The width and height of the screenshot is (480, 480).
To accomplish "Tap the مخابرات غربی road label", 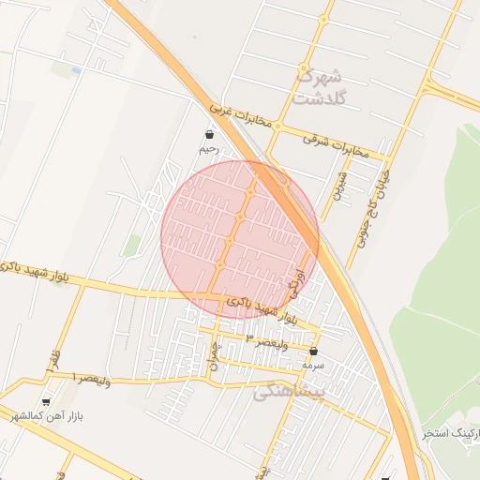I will point(246,117).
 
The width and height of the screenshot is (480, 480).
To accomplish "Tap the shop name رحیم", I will point(208,149).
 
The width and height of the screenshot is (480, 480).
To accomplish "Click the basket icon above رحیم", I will point(208,135).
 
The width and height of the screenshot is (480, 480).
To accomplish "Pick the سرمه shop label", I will point(313,364).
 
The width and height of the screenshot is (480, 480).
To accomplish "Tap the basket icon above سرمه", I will point(313,351).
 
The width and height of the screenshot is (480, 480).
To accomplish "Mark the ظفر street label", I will point(54,359).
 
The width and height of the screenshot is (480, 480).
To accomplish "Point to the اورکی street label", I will point(299,282).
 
